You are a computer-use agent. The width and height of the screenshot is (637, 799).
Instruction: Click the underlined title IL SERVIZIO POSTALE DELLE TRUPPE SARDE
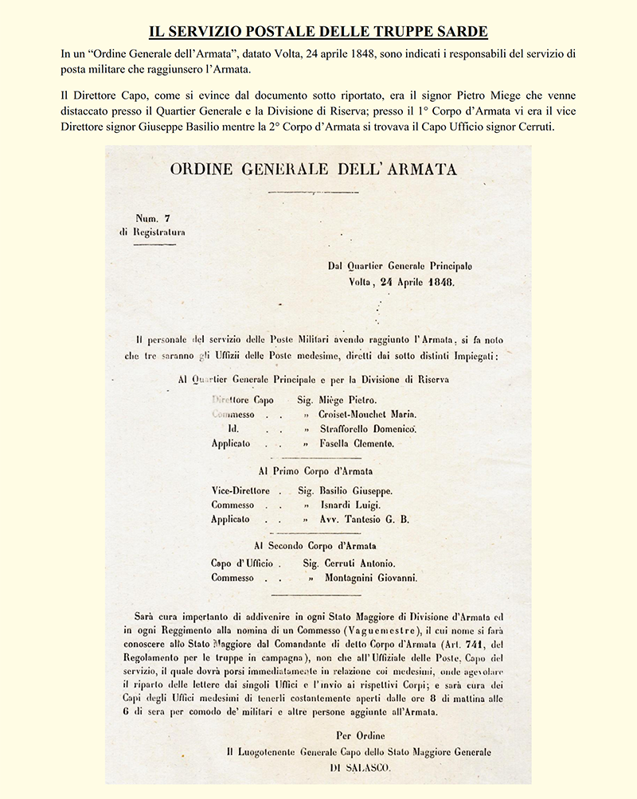tap(318, 33)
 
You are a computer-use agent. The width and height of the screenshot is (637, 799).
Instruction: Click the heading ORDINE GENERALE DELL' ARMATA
tap(314, 170)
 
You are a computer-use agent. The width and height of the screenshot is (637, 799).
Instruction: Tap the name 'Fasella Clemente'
tap(357, 443)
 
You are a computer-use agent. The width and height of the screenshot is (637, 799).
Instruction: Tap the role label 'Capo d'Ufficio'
tap(242, 563)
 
